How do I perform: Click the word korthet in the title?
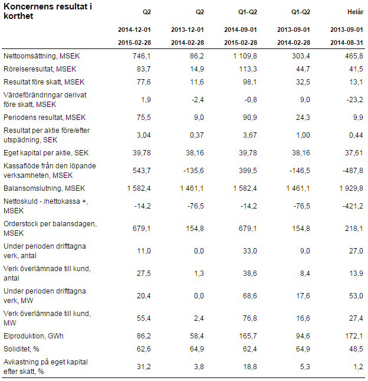[x=18, y=16]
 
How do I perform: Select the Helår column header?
[x=356, y=12]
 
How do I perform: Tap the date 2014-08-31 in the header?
[x=347, y=43]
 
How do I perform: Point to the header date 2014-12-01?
[x=134, y=30]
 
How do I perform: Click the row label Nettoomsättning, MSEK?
[x=41, y=56]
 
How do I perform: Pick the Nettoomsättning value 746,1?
[x=142, y=56]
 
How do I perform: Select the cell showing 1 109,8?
[x=245, y=56]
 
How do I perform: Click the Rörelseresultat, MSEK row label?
[x=40, y=69]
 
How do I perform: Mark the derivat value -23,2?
[x=355, y=100]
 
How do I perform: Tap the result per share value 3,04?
[x=144, y=135]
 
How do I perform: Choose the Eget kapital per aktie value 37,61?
[x=354, y=153]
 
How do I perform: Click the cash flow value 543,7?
[x=142, y=171]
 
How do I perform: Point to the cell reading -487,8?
[x=353, y=171]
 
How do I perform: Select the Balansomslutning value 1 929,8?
[x=351, y=188]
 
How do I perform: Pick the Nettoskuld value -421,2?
[x=353, y=206]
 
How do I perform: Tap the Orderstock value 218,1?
[x=354, y=229]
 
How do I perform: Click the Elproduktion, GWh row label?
[x=34, y=336]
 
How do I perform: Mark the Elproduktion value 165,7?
[x=248, y=336]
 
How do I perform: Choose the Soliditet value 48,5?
[x=356, y=349]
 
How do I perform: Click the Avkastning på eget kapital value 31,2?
[x=144, y=367]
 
